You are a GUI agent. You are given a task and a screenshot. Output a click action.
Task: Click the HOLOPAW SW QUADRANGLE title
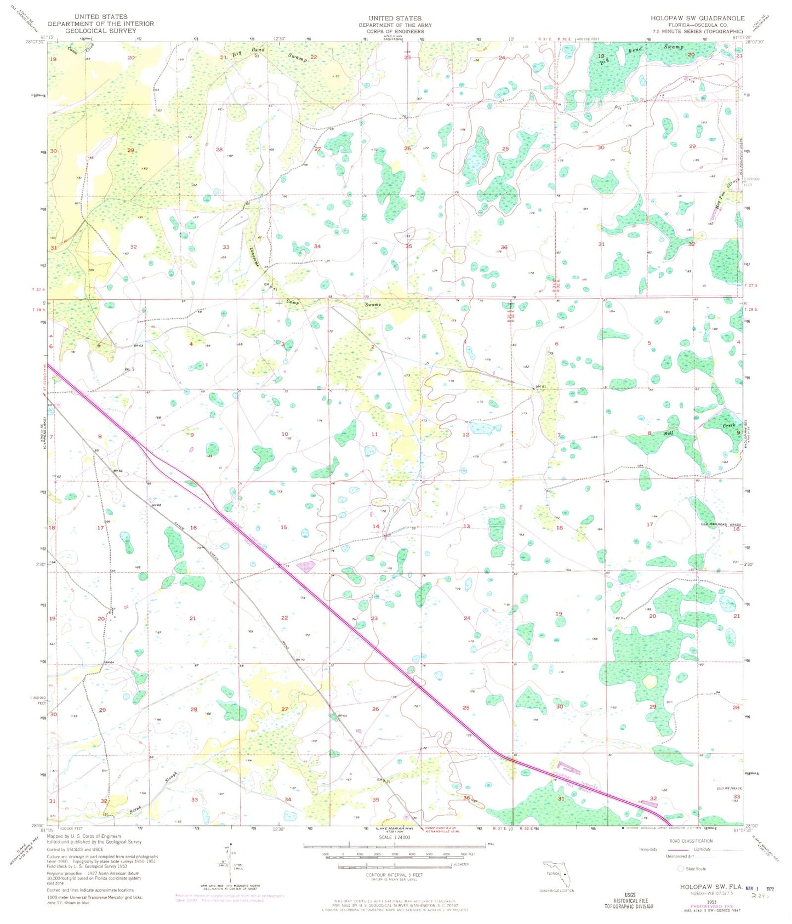coord(697,18)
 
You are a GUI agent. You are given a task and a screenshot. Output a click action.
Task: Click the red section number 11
coord(374,434)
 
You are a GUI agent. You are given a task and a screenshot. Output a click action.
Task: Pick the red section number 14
coord(375,527)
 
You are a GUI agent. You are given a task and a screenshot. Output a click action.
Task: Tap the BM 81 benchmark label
coord(542,387)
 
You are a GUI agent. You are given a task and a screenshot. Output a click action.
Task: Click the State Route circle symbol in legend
coord(681,869)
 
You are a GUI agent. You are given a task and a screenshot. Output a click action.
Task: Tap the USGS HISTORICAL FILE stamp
coord(629,900)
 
